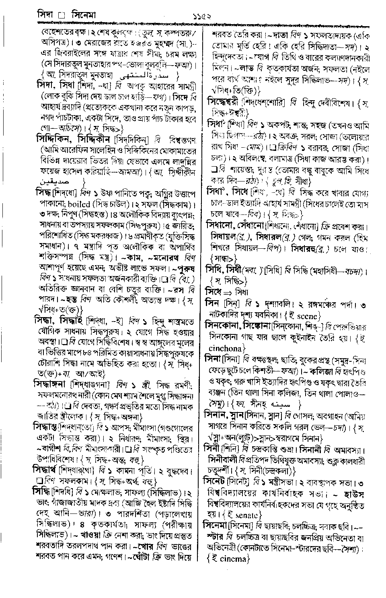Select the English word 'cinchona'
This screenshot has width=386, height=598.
click(x=227, y=347)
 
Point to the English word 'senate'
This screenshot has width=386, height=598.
click(x=247, y=515)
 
